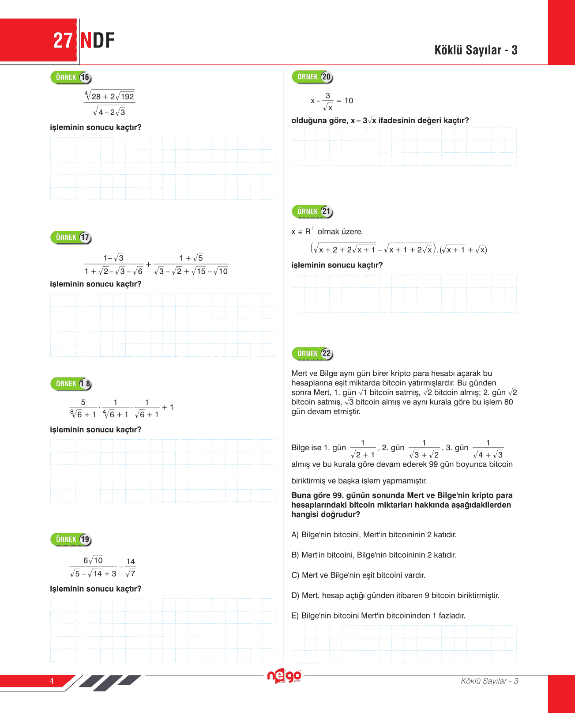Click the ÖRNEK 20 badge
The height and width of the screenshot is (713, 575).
312,77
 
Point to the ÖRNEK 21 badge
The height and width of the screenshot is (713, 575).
312,211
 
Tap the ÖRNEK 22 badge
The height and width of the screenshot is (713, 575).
312,354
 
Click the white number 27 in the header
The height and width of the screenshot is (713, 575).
63,41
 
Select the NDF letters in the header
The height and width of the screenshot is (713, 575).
98,41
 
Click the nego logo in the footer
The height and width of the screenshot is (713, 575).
284,676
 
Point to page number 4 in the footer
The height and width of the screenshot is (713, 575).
52,681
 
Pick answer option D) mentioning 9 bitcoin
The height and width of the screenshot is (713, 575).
395,596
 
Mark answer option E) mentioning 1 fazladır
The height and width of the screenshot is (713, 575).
378,616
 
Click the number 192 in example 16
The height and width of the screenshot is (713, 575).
127,97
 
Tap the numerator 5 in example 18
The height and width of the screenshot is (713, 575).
83,402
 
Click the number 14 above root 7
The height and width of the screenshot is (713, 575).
131,562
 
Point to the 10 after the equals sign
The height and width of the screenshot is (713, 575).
349,101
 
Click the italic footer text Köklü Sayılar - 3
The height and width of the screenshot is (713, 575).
489,681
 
